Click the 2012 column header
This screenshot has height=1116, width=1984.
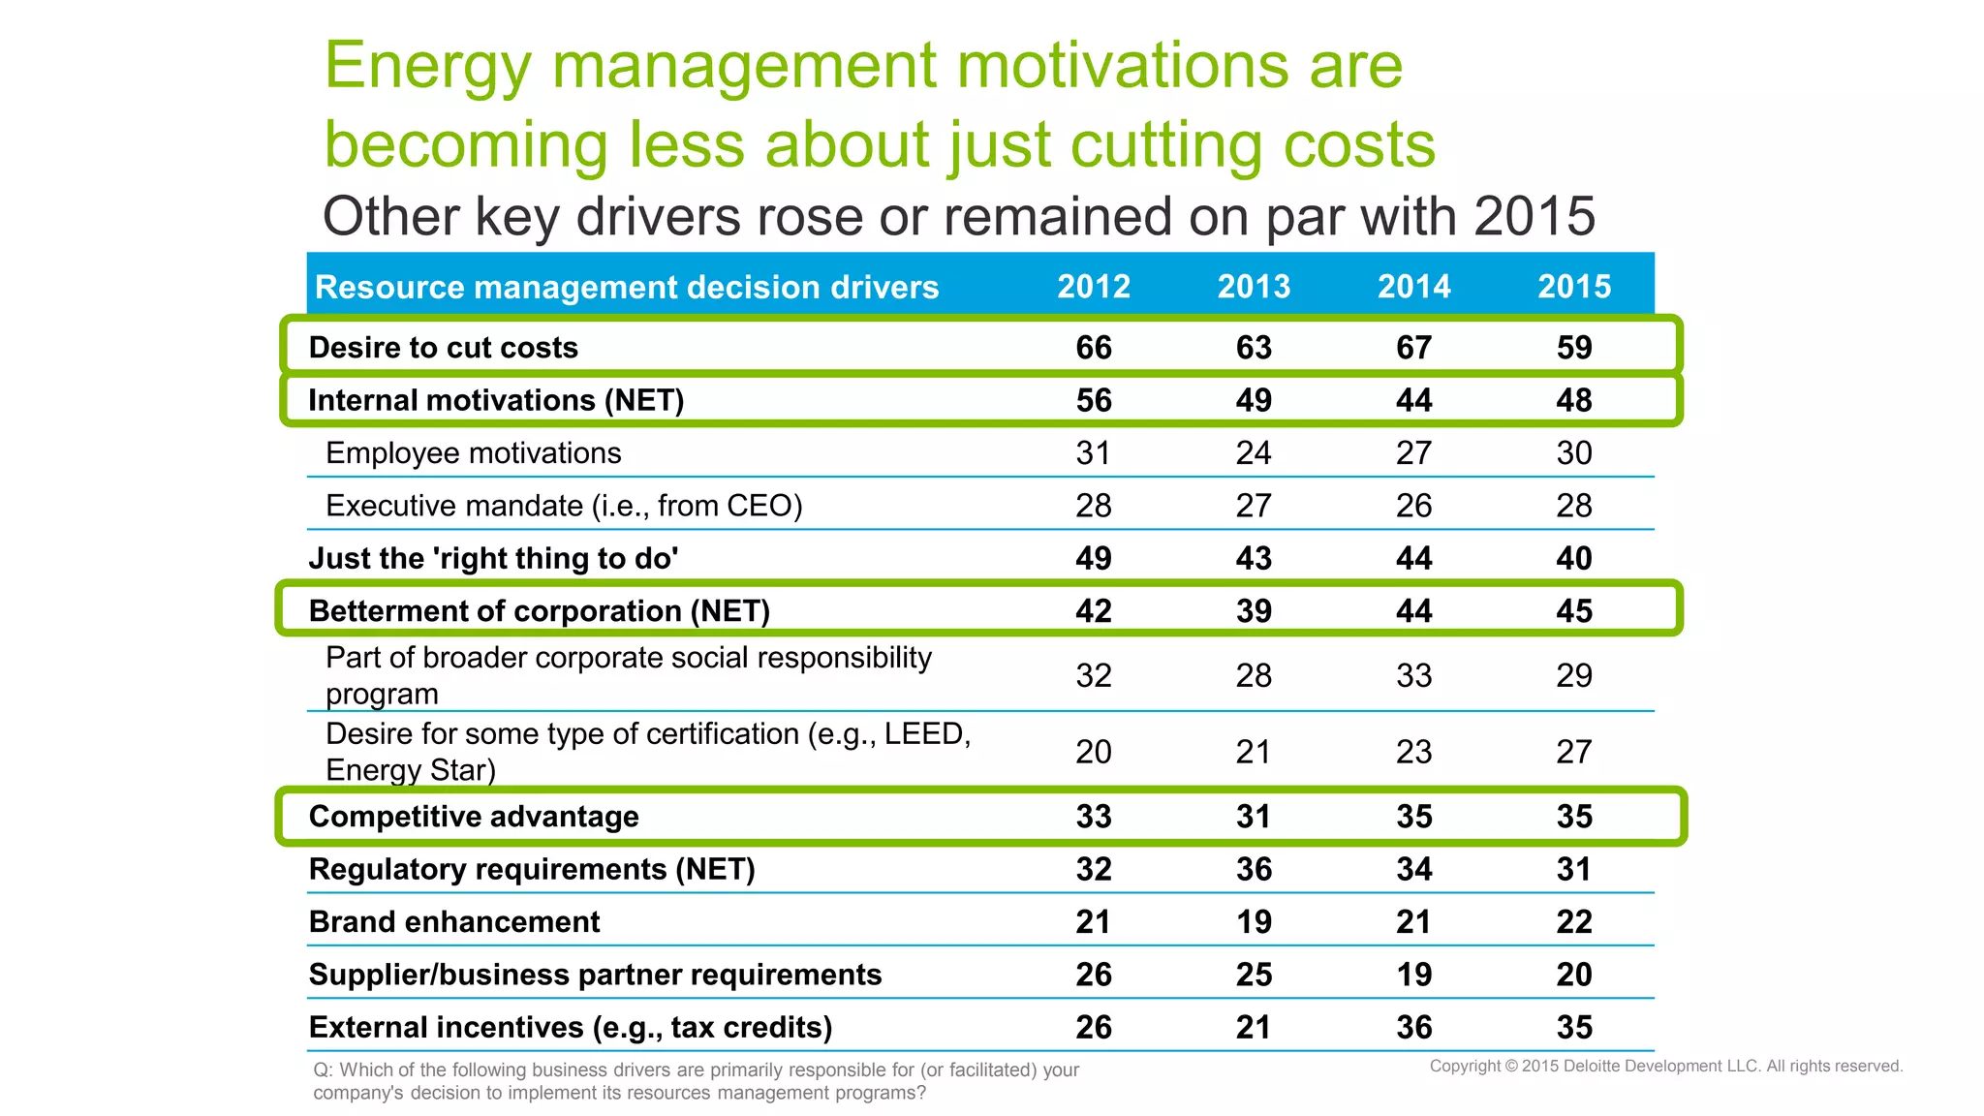[x=1094, y=287]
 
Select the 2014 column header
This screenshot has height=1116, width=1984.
[x=1413, y=287]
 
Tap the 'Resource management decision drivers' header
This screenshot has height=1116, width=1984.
[x=627, y=288]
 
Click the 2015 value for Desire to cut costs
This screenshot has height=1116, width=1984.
[x=1574, y=348]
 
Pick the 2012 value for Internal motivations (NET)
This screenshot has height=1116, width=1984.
[x=1094, y=400]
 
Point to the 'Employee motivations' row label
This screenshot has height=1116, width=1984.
[x=473, y=453]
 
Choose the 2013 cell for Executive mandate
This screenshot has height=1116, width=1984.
[x=1254, y=506]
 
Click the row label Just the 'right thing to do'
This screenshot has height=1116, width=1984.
[x=493, y=559]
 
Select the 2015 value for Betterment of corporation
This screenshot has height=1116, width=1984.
[x=1574, y=611]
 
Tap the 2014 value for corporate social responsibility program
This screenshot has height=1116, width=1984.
[x=1413, y=675]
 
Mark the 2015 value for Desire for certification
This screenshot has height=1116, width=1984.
[x=1574, y=752]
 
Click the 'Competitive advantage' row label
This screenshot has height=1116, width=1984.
[x=474, y=817]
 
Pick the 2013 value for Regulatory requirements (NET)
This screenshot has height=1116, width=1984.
[x=1254, y=869]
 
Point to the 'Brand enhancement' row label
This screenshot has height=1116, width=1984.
[x=454, y=922]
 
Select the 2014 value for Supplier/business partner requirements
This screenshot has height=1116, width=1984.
[x=1413, y=975]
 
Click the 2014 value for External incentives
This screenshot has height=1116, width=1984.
[x=1413, y=1027]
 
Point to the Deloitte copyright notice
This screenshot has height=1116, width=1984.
[x=1665, y=1066]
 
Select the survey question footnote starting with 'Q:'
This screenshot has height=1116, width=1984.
[x=696, y=1081]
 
